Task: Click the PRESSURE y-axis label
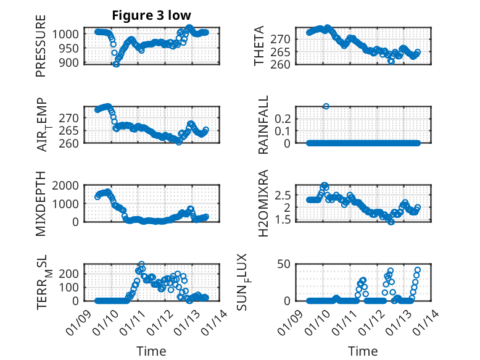pyautogui.click(x=41, y=50)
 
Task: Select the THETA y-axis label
pyautogui.click(x=260, y=46)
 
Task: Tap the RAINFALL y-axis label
pyautogui.click(x=263, y=125)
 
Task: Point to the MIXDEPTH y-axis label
pyautogui.click(x=41, y=203)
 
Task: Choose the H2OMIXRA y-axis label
pyautogui.click(x=263, y=203)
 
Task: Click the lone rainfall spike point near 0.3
pyautogui.click(x=326, y=106)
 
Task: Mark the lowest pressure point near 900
pyautogui.click(x=115, y=64)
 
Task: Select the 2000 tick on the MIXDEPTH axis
pyautogui.click(x=67, y=185)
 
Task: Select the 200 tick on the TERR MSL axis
pyautogui.click(x=69, y=273)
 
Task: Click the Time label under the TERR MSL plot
pyautogui.click(x=151, y=351)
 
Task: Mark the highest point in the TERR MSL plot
pyautogui.click(x=141, y=264)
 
